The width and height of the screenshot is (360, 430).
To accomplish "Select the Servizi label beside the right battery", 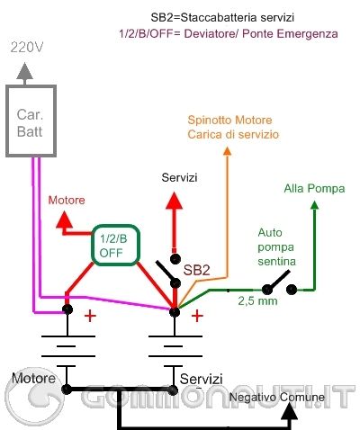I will click(200, 377).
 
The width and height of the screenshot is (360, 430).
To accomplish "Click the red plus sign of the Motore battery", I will click(89, 317).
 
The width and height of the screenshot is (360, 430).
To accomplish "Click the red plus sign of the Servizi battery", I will click(197, 316).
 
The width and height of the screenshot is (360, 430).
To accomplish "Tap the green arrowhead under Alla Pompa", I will click(315, 206).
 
